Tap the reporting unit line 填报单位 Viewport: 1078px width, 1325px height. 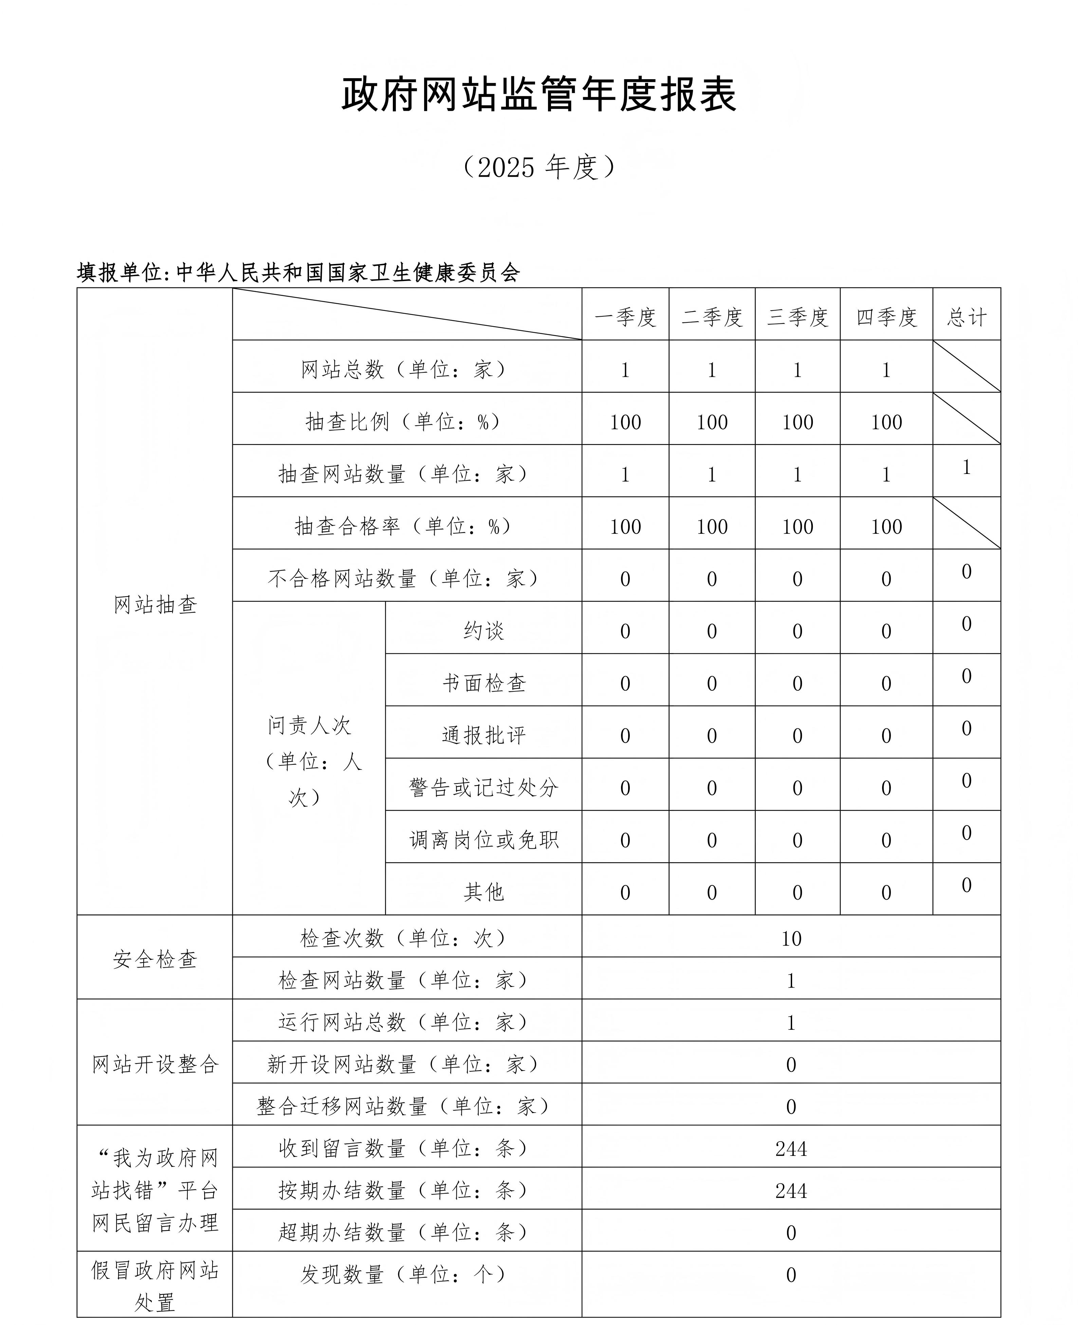pyautogui.click(x=298, y=272)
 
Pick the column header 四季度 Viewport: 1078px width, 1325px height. pyautogui.click(x=886, y=317)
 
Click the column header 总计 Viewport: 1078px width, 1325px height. pyautogui.click(x=966, y=317)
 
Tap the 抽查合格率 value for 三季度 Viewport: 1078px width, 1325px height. pyautogui.click(x=797, y=527)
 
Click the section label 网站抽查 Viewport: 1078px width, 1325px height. pyautogui.click(x=154, y=604)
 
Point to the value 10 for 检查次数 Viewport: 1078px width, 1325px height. pyautogui.click(x=791, y=939)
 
